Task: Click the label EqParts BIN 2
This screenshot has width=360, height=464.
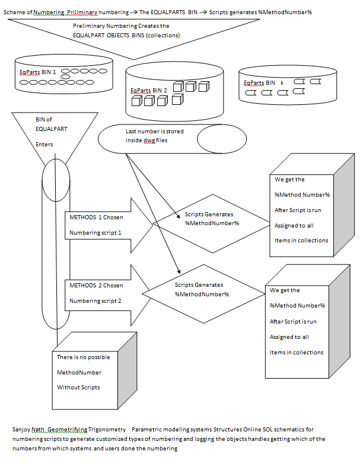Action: (x=149, y=91)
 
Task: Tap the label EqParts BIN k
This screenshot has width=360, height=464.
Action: (x=261, y=83)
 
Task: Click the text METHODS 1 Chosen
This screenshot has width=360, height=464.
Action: (x=96, y=217)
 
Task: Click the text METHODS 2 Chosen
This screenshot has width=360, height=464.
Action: (x=96, y=285)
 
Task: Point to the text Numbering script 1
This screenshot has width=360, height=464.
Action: (x=95, y=233)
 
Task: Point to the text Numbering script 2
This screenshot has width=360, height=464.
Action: (x=95, y=300)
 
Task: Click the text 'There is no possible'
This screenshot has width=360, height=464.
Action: (x=83, y=357)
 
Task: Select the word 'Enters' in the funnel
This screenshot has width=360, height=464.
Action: (x=44, y=144)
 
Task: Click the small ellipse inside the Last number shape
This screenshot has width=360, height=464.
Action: (x=221, y=139)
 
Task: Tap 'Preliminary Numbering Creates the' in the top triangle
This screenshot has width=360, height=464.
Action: (x=120, y=26)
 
